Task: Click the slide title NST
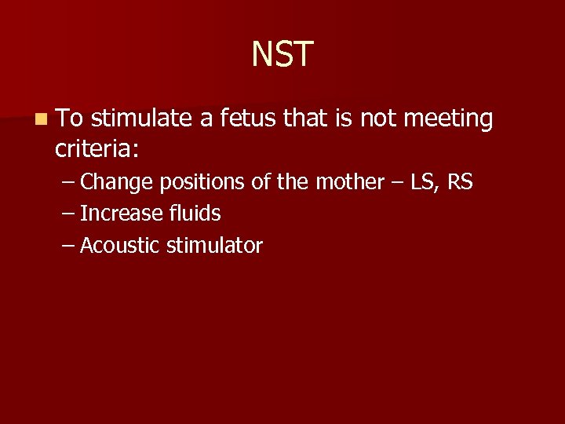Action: pyautogui.click(x=282, y=54)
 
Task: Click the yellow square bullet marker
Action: pyautogui.click(x=39, y=119)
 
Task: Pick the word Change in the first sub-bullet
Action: pyautogui.click(x=117, y=182)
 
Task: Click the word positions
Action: pyautogui.click(x=202, y=182)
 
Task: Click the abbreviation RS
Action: pyautogui.click(x=460, y=182)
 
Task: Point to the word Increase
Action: pyautogui.click(x=118, y=214)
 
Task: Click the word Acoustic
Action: pyautogui.click(x=119, y=246)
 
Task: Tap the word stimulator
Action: pyautogui.click(x=213, y=246)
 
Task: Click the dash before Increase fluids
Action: pyautogui.click(x=68, y=214)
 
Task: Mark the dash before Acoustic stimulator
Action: pyautogui.click(x=68, y=247)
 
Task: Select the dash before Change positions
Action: pyautogui.click(x=68, y=183)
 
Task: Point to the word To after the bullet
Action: pyautogui.click(x=71, y=119)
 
